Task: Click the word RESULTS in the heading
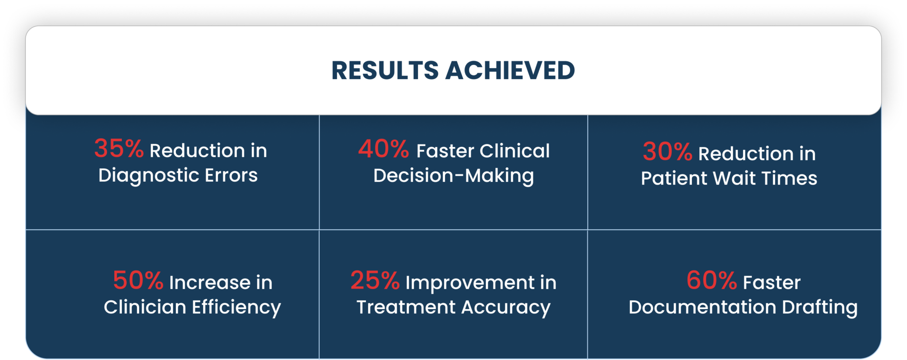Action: coord(385,70)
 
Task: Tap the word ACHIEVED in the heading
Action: coord(510,70)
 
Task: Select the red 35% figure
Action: coord(119,148)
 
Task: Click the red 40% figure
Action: coord(384,149)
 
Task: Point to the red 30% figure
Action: coord(667,151)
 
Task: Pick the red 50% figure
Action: coord(138,280)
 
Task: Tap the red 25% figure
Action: coord(375,280)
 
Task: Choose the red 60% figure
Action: coord(712,280)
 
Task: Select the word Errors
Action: coord(231,175)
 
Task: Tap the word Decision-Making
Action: coord(453,176)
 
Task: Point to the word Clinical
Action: coord(515,151)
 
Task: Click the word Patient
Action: coord(674,178)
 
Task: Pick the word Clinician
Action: coord(145,307)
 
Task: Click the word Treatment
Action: coord(406,307)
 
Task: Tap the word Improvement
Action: coord(470,283)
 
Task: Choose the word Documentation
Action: coord(702,307)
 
